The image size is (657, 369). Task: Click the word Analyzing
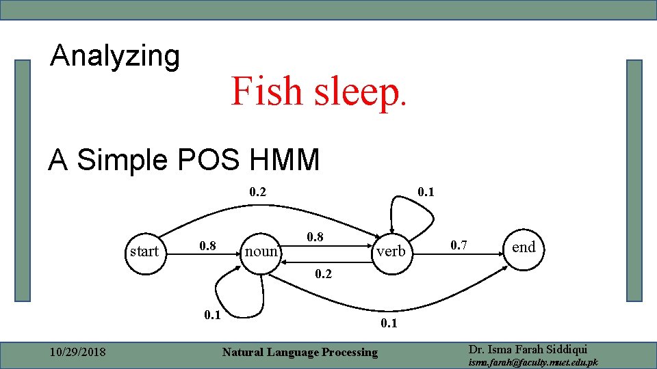115,56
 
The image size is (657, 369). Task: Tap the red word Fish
268,91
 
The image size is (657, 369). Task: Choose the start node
144,251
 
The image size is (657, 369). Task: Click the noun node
261,251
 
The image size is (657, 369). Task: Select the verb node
391,251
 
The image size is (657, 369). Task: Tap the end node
524,247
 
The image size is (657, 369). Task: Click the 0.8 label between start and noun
208,245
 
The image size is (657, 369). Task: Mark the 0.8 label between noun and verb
315,237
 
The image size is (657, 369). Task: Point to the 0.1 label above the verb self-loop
426,192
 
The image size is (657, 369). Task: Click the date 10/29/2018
78,352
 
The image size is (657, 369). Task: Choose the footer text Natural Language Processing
300,352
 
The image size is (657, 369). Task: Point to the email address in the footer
532,362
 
